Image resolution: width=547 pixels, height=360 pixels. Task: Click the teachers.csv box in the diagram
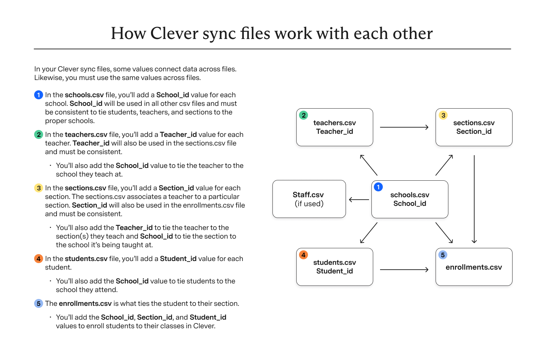click(x=334, y=127)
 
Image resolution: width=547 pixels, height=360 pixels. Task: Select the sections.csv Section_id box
click(x=474, y=127)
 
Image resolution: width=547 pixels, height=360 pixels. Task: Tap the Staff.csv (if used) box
click(x=309, y=199)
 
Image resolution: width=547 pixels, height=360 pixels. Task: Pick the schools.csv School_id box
click(x=409, y=199)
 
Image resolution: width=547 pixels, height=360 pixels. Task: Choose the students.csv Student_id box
click(x=334, y=267)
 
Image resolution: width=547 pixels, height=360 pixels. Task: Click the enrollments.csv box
click(x=474, y=267)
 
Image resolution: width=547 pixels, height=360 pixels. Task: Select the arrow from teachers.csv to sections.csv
click(x=404, y=127)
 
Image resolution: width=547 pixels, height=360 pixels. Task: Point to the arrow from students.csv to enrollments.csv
click(x=404, y=270)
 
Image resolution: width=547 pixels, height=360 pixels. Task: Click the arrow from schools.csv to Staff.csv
click(x=359, y=200)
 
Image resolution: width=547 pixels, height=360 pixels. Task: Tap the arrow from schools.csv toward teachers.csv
click(x=369, y=165)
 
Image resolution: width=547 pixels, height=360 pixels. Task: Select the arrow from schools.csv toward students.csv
click(x=369, y=233)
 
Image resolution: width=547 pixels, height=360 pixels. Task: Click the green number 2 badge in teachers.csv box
click(x=304, y=115)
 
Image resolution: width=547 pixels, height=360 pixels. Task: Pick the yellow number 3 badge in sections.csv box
click(x=443, y=115)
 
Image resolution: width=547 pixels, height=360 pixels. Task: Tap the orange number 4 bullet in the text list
click(x=39, y=259)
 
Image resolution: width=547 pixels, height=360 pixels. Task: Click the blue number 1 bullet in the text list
click(x=39, y=95)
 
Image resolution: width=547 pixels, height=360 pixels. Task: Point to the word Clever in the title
click(x=174, y=33)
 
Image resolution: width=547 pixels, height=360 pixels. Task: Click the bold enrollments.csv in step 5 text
click(x=85, y=303)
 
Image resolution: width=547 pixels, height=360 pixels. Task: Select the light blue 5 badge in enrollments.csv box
click(x=443, y=255)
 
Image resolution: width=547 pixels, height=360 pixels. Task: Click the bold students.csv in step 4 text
click(x=86, y=259)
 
